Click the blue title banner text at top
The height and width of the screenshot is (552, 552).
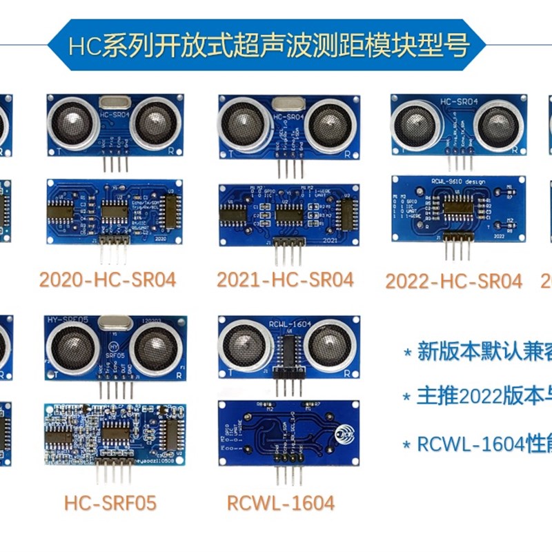coord(269,46)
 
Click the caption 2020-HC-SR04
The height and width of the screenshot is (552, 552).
coord(108,279)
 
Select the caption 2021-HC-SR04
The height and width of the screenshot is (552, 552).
coord(285,279)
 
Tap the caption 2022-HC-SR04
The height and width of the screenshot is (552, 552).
coord(453,282)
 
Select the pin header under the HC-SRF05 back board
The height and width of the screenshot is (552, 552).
coord(109,473)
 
